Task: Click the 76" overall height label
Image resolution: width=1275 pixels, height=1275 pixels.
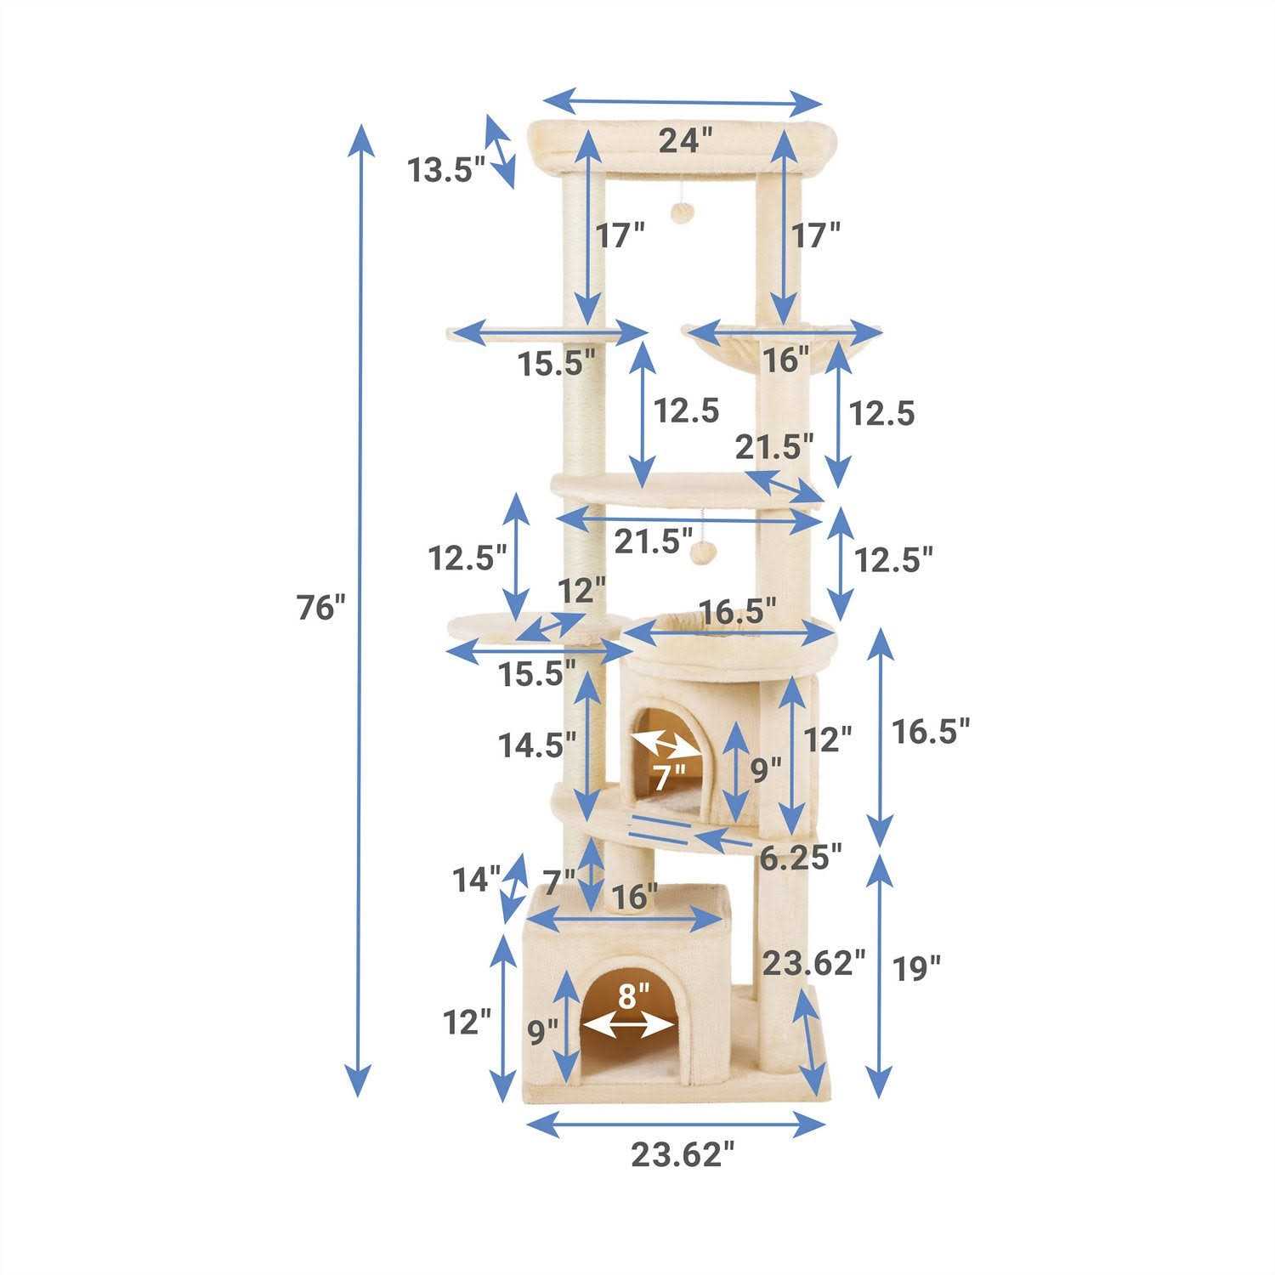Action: click(322, 608)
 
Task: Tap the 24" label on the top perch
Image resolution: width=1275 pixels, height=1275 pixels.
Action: click(685, 140)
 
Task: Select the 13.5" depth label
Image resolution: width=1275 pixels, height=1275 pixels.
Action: click(445, 170)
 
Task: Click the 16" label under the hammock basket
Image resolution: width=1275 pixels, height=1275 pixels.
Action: click(785, 360)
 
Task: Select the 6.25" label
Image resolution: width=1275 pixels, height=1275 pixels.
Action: click(801, 858)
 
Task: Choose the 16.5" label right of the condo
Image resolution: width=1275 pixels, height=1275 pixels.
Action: click(930, 730)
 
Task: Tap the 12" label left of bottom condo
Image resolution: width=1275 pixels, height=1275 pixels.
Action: click(467, 1023)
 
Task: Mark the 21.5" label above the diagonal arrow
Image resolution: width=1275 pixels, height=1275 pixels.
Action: click(774, 445)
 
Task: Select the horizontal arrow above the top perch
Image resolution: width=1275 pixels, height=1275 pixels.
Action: click(683, 103)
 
